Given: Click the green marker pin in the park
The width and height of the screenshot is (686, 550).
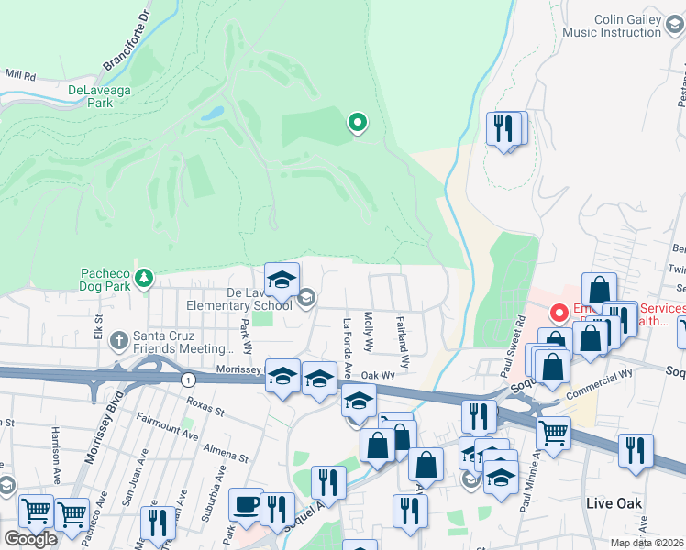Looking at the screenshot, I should point(357,122).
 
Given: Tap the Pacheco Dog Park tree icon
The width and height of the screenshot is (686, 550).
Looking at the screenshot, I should point(142,276).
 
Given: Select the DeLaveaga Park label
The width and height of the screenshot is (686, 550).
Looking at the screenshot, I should point(103,96).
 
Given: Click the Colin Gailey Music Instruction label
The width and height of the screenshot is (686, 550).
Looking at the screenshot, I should point(614,26).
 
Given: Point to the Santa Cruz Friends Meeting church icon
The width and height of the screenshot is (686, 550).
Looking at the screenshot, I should point(118,340).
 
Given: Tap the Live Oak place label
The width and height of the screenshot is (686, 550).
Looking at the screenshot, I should point(614,503).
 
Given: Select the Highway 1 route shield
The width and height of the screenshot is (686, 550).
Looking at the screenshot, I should point(187,379).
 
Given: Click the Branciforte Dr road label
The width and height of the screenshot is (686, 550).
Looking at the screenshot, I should point(126,40).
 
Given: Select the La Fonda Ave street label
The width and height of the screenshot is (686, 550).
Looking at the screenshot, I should point(349,341).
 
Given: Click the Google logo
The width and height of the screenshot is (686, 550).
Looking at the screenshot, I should point(30,539).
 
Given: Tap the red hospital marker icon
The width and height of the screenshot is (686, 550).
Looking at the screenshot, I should point(558,313).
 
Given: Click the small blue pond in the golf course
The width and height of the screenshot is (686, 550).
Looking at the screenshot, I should point(213,115).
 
